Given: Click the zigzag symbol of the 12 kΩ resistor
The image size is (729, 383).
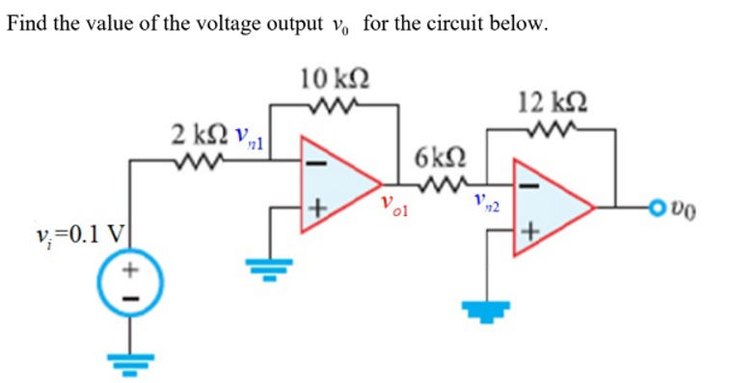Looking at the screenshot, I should (553, 125).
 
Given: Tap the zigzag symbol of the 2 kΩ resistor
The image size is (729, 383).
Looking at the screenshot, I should (193, 160).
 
